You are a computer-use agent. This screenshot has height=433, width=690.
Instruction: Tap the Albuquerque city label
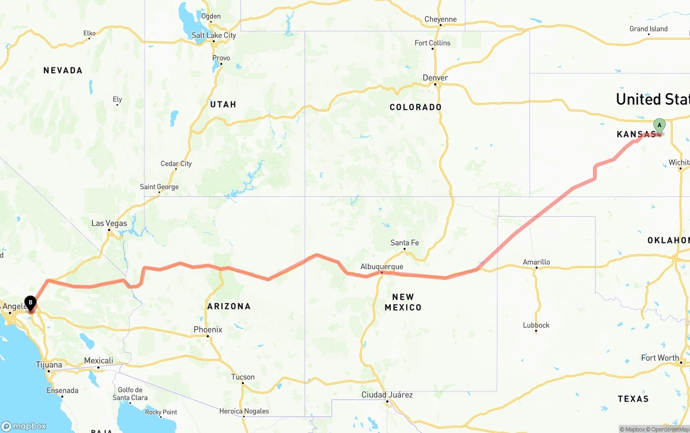[382, 266]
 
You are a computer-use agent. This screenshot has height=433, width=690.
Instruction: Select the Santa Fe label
[404, 243]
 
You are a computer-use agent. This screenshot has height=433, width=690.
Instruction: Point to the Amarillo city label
[536, 262]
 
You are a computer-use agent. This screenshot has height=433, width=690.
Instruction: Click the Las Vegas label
[109, 223]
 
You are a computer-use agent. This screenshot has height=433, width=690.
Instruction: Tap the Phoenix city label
[208, 329]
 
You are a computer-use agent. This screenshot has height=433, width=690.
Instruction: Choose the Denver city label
[435, 78]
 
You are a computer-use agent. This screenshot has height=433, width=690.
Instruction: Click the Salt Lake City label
[214, 35]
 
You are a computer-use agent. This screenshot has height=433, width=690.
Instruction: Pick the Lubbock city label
[536, 325]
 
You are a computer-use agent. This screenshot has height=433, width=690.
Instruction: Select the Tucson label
[243, 377]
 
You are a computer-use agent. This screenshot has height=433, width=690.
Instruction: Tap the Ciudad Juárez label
[387, 395]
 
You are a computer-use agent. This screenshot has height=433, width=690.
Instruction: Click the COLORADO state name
[416, 107]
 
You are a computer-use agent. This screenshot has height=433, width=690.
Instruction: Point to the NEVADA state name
[63, 70]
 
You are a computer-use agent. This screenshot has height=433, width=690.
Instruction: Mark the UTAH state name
[223, 104]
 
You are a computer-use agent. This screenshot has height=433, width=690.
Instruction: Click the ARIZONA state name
[229, 306]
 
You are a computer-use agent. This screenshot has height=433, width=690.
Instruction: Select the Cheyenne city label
[440, 19]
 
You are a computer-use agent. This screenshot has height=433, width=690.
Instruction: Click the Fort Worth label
[660, 358]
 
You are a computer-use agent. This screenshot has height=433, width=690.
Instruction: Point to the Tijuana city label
[49, 365]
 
